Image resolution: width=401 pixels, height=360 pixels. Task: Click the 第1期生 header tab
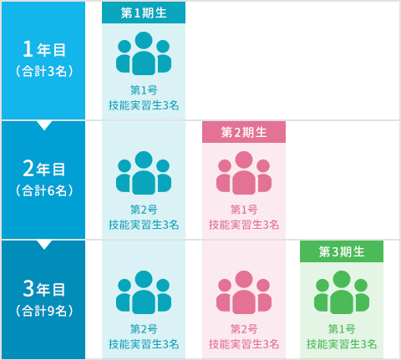tap(144, 13)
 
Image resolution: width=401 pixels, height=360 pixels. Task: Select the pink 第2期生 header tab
tap(244, 132)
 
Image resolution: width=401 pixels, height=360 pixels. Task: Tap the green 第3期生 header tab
tap(342, 251)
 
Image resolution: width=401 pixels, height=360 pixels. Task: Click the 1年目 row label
tap(43, 49)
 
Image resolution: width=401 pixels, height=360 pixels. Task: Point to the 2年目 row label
tap(43, 169)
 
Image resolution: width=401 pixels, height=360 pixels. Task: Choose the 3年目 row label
tap(43, 288)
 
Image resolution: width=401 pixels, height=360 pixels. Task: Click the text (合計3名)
tap(44, 71)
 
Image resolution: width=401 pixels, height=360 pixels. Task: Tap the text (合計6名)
tap(44, 190)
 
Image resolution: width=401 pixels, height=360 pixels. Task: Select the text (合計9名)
tap(44, 311)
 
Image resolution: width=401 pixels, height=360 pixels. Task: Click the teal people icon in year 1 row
tap(144, 53)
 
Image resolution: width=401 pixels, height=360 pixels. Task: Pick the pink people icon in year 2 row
tap(244, 173)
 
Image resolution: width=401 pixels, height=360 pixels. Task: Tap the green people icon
tap(342, 292)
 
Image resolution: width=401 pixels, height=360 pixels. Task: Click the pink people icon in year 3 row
tap(244, 292)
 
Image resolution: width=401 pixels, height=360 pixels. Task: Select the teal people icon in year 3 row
tap(144, 292)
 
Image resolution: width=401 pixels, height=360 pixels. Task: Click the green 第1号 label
tap(342, 329)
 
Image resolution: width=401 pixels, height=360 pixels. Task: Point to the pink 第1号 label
tap(244, 210)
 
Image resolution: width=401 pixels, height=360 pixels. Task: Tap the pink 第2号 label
tap(244, 329)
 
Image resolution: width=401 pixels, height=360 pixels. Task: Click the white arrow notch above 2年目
tap(44, 125)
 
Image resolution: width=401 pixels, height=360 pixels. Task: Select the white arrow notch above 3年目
tap(44, 245)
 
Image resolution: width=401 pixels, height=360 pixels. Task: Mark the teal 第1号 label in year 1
tap(144, 90)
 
